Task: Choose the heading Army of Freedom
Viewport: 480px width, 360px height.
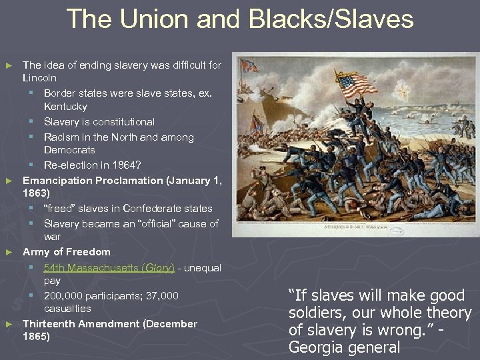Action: (x=67, y=252)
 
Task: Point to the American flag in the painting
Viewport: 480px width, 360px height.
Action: (x=356, y=85)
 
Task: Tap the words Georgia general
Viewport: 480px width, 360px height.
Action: (x=344, y=347)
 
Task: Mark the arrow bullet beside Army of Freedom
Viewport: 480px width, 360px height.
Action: (x=9, y=252)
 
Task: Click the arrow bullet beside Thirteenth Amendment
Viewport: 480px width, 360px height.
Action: (x=9, y=324)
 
